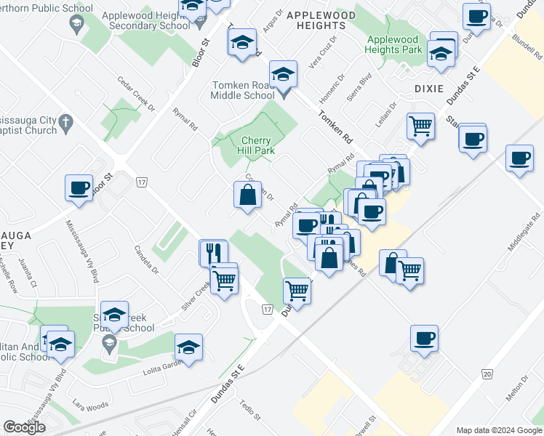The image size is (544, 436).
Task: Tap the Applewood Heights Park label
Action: tap(394, 44)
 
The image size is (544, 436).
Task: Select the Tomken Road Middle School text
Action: tap(243, 89)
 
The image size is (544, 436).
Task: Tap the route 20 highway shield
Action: tap(487, 374)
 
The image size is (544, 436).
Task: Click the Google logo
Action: tap(24, 427)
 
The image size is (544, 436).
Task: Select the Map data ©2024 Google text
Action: tap(499, 430)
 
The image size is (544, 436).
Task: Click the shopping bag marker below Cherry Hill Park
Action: tap(247, 194)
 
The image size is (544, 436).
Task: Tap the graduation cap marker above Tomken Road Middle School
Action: tap(283, 73)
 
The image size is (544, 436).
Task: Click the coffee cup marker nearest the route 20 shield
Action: tap(424, 336)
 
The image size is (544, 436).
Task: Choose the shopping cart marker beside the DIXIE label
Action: tap(420, 126)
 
